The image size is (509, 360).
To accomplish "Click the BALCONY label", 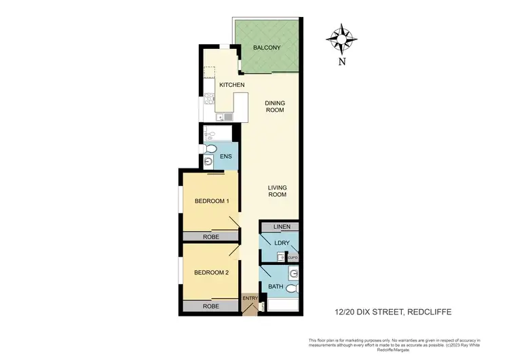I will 267,48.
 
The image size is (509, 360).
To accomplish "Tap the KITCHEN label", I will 231,84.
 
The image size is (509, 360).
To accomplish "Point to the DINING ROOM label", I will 274,107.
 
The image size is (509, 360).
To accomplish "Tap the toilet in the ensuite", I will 210,149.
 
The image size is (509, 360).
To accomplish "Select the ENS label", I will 227,158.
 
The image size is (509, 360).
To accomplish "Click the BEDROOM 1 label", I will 211,201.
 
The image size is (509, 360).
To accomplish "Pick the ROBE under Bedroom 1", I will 210,236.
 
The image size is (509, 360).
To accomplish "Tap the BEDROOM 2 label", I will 211,272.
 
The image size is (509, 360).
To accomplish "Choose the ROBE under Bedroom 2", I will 210,307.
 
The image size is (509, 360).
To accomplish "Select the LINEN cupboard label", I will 281,227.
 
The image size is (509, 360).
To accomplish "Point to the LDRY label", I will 282,242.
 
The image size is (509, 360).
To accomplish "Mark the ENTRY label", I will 250,298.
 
